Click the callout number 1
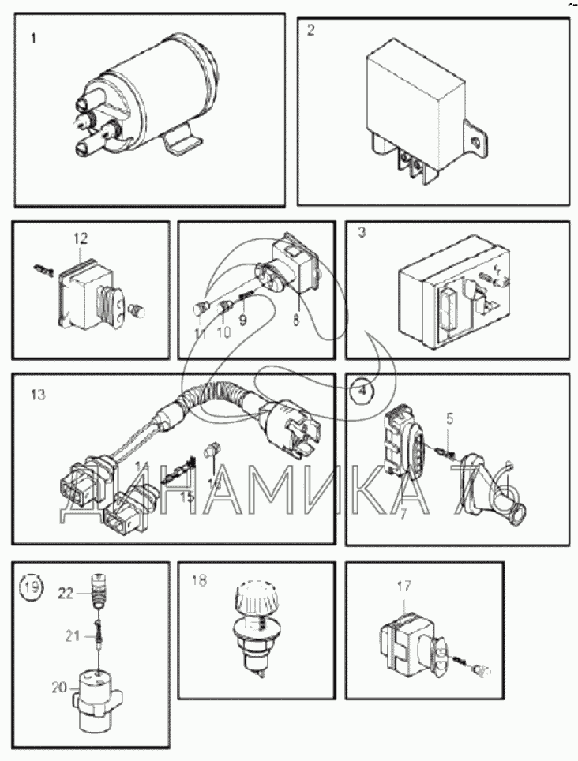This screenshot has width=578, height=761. (x=33, y=38)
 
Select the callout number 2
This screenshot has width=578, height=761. (x=311, y=32)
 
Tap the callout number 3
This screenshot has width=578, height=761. (x=361, y=234)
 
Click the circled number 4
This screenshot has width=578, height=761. (x=361, y=390)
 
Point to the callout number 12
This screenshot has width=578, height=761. (x=81, y=237)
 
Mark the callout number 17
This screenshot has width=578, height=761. (x=403, y=587)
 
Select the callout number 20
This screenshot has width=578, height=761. (x=60, y=688)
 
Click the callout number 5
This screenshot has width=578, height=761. (x=449, y=418)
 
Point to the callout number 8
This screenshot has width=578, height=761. (x=297, y=321)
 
